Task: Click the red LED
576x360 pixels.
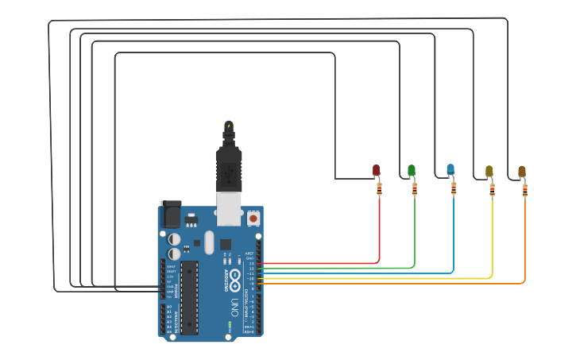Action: coord(377,170)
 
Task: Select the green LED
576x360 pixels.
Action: coord(412,170)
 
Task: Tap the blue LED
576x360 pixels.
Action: coord(450,169)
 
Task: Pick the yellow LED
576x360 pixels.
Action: coord(489,171)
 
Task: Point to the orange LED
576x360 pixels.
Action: coord(522,171)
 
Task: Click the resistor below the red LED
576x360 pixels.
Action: coord(379,188)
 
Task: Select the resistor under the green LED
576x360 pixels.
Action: coord(414,188)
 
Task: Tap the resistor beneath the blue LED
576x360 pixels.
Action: coord(454,188)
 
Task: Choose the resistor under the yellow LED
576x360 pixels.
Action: coord(492,189)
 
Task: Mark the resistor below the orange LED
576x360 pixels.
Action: coord(524,189)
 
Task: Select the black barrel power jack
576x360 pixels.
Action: coord(171,215)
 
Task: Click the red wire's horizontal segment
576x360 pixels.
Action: coord(318,263)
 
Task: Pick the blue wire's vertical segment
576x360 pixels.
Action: coord(454,234)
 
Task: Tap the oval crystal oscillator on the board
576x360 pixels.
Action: coord(209,242)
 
